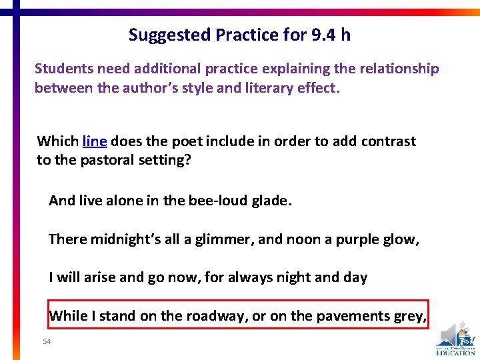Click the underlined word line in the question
94,141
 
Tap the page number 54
46,341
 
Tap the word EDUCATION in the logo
456,353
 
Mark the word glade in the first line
269,200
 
